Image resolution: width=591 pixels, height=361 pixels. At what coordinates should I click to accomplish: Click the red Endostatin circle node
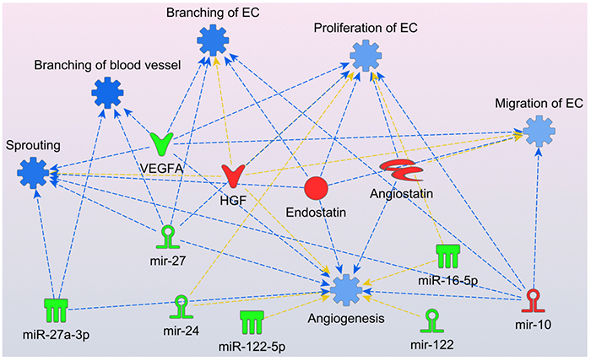(315, 189)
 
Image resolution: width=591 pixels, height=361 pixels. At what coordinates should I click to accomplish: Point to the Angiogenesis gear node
(345, 288)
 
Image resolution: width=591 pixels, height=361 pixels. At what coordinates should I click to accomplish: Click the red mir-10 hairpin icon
(535, 300)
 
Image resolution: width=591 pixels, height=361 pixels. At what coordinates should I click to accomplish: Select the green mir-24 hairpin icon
(180, 305)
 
